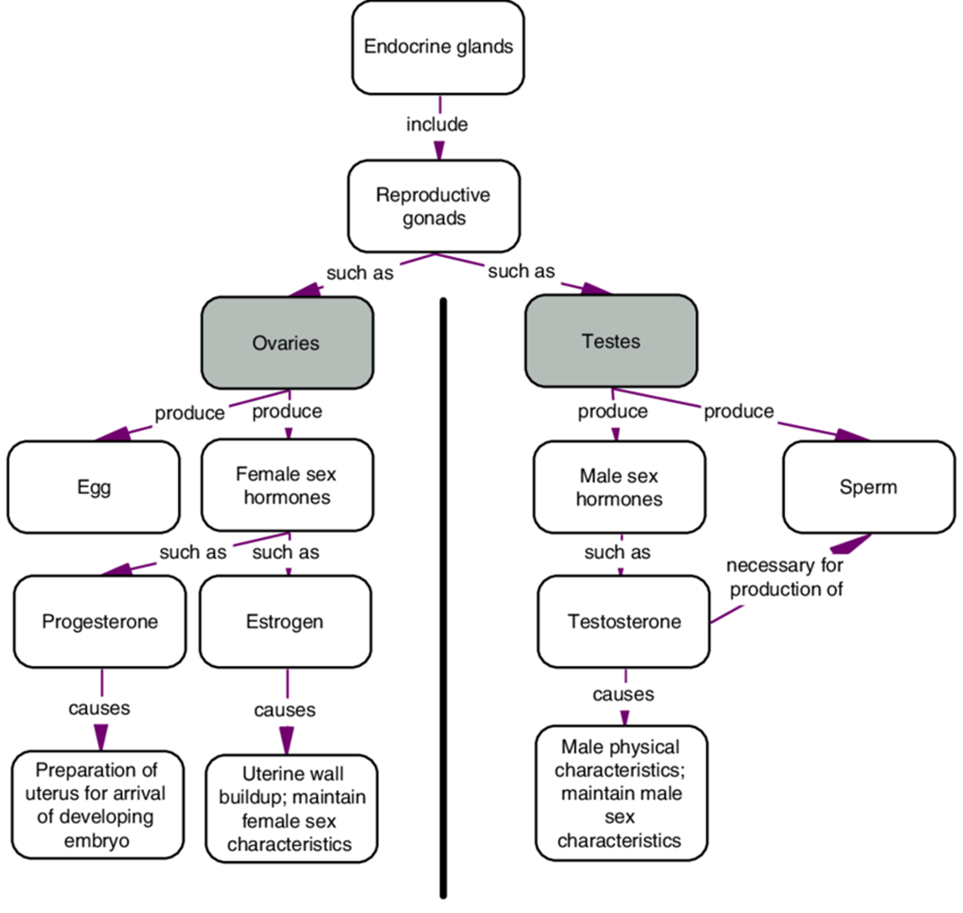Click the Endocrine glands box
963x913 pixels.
click(x=438, y=47)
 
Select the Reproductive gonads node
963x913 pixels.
click(x=433, y=208)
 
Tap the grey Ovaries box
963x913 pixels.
click(x=287, y=342)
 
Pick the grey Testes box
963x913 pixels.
click(x=611, y=342)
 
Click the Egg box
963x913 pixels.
click(x=95, y=487)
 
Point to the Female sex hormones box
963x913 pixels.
click(x=287, y=485)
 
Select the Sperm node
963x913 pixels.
click(x=867, y=487)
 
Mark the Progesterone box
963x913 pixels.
click(x=100, y=622)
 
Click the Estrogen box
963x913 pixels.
click(x=285, y=622)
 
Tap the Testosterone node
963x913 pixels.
click(x=624, y=622)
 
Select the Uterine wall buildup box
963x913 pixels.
click(x=289, y=808)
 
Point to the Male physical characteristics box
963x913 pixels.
click(x=621, y=793)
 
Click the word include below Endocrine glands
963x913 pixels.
click(x=437, y=124)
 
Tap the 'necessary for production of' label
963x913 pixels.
click(x=784, y=577)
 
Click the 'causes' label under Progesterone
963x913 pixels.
click(x=99, y=707)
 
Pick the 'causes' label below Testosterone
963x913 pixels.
click(x=624, y=694)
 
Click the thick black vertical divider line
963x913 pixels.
click(x=444, y=593)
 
